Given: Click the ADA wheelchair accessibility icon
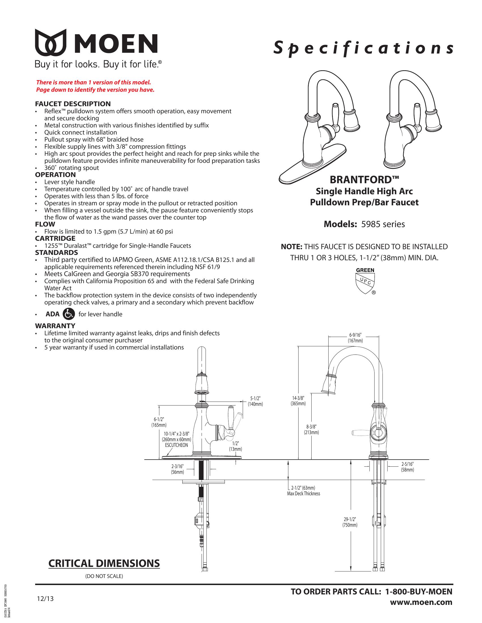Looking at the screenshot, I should (x=68, y=314).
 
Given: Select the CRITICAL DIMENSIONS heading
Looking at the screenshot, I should (x=104, y=563).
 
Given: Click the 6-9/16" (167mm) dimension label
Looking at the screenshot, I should (x=355, y=338).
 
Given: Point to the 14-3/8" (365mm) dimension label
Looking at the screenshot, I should (x=298, y=401).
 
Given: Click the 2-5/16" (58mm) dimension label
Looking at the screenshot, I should (x=407, y=467).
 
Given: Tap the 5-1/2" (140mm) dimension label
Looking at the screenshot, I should (x=255, y=401).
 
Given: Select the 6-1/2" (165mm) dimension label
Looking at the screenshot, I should (x=159, y=422).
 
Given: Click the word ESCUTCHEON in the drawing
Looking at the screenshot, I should (x=176, y=445).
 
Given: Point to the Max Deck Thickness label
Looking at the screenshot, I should (x=304, y=494).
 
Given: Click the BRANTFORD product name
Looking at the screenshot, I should (x=364, y=180).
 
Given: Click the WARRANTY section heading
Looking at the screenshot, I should (x=55, y=326).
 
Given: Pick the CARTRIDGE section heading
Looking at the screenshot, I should (x=55, y=238).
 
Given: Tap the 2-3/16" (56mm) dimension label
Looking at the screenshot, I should (x=177, y=469).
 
